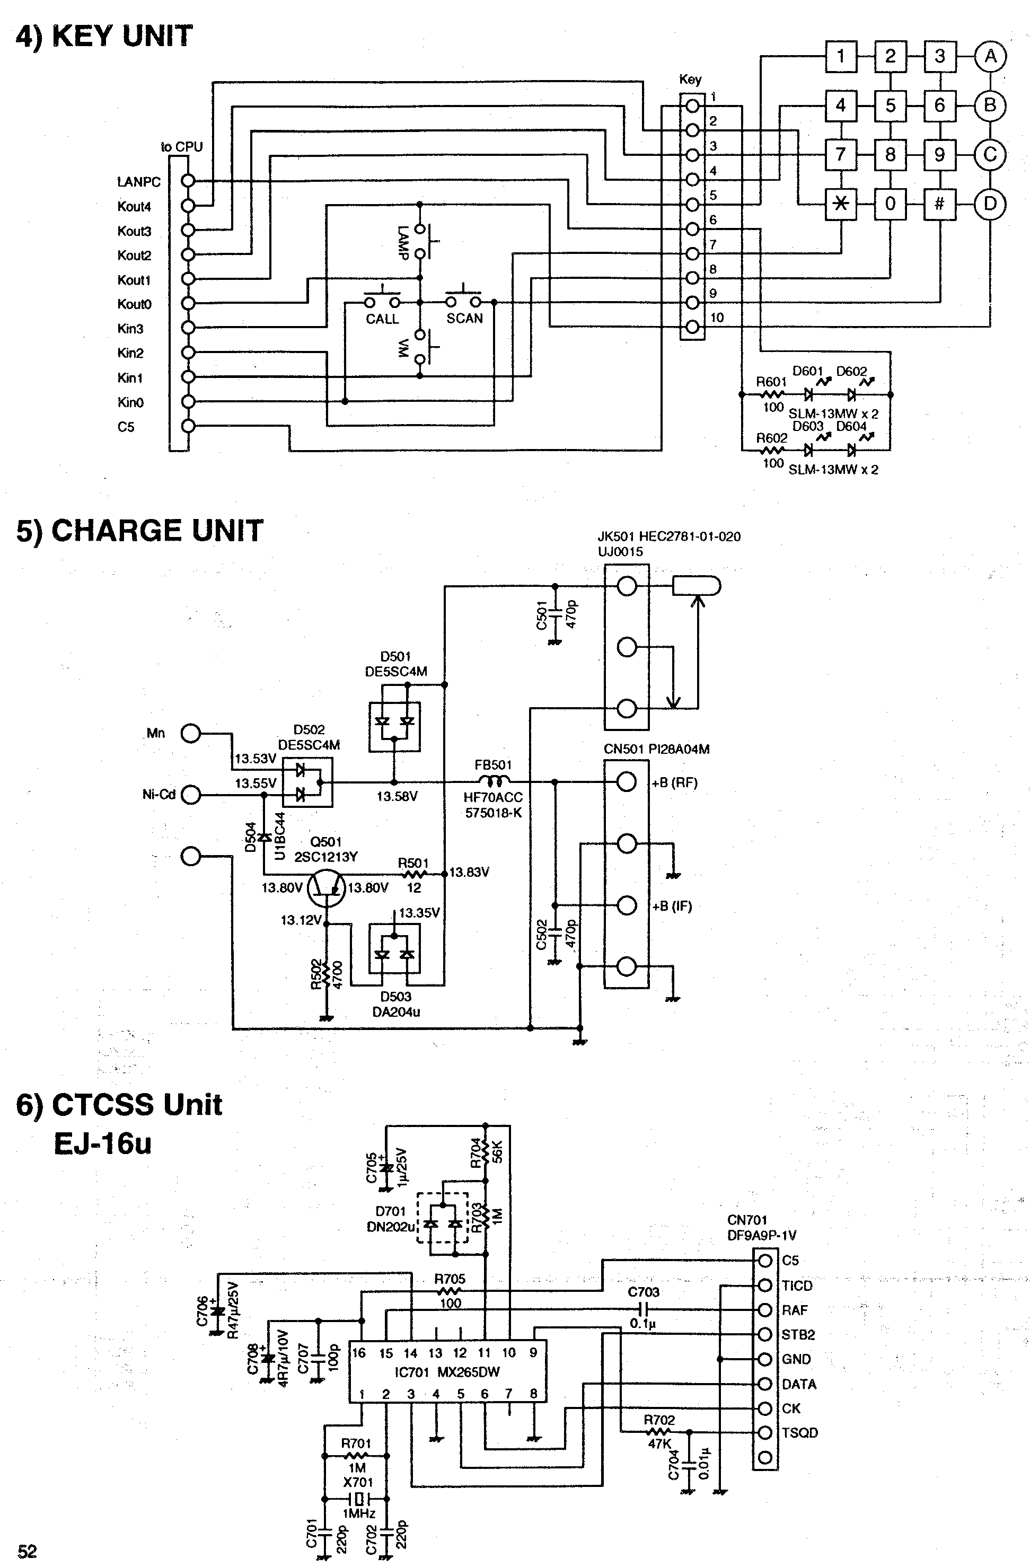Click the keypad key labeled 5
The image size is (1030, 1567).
coord(890,105)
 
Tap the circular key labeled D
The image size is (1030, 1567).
coord(990,204)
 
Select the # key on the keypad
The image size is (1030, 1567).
coord(939,204)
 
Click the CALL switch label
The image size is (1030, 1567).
coord(382,319)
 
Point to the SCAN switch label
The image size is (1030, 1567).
coord(464,319)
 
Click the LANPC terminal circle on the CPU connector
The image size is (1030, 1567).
coord(188,181)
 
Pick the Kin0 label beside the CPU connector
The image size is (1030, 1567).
coord(130,402)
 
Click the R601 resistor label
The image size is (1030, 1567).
coord(771,382)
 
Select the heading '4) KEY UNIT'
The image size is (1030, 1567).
coord(104,36)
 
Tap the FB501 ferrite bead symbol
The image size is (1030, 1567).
coord(492,781)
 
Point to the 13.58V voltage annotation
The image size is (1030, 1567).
coord(397,797)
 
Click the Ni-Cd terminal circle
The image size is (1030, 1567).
coord(190,795)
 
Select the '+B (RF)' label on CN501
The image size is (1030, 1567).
coord(674,783)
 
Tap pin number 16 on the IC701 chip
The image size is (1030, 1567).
coord(358,1353)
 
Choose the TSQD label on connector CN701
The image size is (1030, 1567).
coord(799,1433)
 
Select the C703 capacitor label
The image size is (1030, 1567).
coord(643,1292)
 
